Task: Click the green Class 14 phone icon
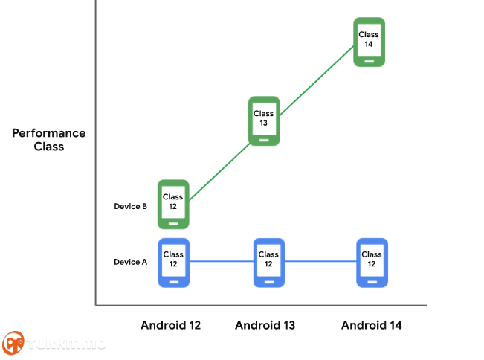(369, 42)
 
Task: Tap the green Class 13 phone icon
(264, 121)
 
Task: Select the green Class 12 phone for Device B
(173, 205)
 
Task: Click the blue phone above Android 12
(174, 263)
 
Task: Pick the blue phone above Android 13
(269, 263)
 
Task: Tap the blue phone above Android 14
(372, 263)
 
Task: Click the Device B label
(131, 206)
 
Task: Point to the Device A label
(131, 262)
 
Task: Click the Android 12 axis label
(171, 325)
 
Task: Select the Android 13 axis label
(265, 325)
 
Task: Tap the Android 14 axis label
(371, 325)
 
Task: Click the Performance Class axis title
(49, 140)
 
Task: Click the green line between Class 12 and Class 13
(219, 172)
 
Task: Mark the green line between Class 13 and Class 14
(317, 80)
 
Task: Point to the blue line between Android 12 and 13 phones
(222, 262)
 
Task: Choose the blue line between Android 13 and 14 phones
(320, 262)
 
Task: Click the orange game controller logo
(13, 343)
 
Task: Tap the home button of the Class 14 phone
(370, 61)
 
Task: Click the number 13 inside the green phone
(263, 123)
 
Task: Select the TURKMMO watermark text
(66, 344)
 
